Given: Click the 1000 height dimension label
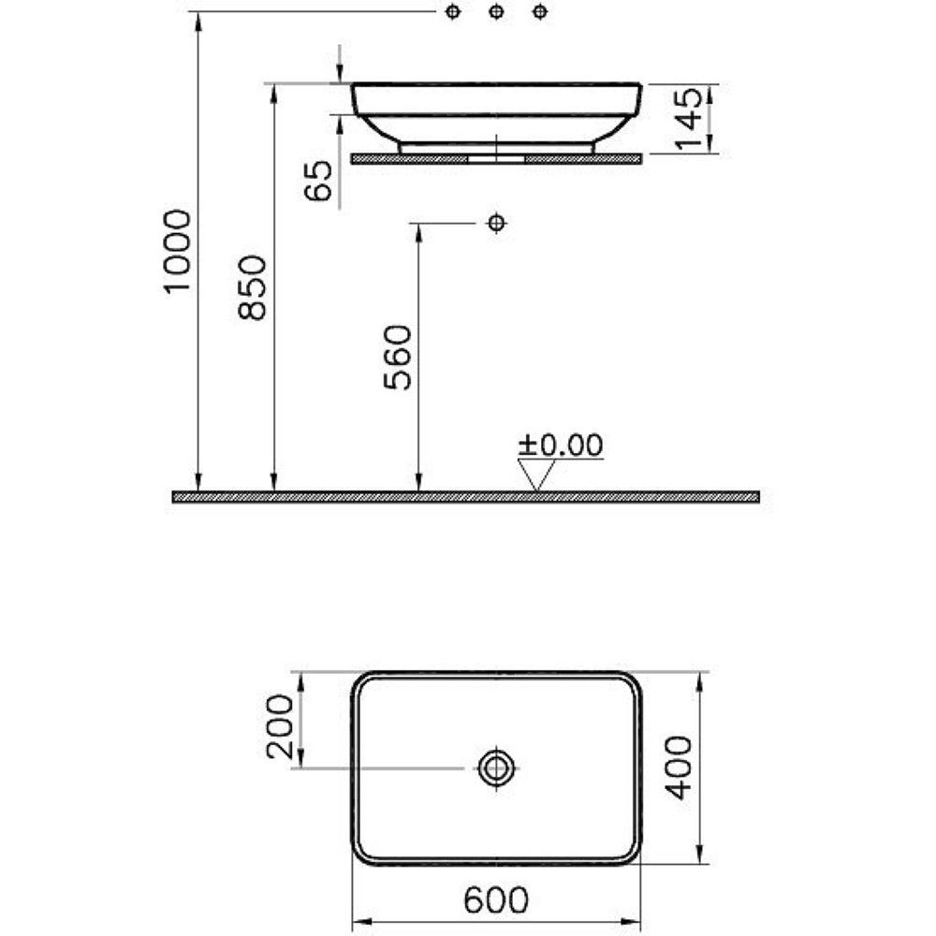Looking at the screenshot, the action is point(177,251).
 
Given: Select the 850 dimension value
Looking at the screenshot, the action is point(252,287).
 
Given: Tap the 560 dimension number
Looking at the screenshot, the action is point(398,358).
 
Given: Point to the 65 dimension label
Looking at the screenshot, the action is point(318,181).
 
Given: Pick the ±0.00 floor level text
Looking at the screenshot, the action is point(561,446).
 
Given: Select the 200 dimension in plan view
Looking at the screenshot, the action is point(280,726).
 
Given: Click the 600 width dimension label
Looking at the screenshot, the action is point(496,899).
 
